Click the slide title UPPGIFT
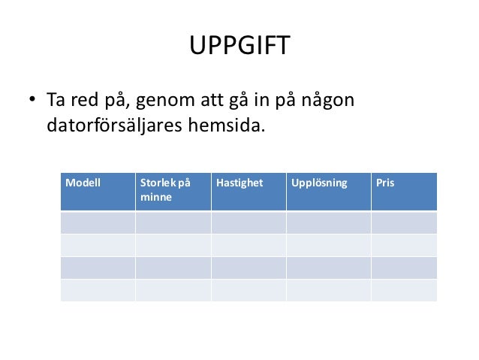[x=239, y=47]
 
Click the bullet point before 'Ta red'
[x=33, y=101]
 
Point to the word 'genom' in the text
[x=161, y=101]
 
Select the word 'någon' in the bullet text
[x=327, y=101]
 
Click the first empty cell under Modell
[x=98, y=222]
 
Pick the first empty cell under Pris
[x=404, y=222]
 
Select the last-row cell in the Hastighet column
[x=249, y=290]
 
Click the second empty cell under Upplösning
[x=328, y=245]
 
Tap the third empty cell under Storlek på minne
[x=173, y=268]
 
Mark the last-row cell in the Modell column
[x=98, y=290]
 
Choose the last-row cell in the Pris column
[x=404, y=290]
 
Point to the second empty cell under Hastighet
[x=249, y=245]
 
